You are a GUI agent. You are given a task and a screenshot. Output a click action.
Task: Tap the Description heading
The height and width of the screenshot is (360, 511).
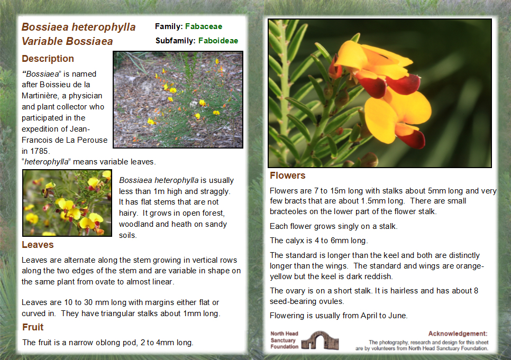point(48,59)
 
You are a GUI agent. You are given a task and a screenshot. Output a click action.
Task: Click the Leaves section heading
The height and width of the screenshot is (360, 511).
point(38,245)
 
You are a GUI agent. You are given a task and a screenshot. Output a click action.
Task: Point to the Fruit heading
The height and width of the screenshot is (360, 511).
point(33,327)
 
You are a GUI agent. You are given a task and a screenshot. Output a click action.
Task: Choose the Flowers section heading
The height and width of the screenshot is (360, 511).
point(287,176)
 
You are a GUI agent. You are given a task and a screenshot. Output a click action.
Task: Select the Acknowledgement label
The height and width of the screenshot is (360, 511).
point(458,334)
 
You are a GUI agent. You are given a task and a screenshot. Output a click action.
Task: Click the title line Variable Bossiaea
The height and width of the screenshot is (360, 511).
point(67,41)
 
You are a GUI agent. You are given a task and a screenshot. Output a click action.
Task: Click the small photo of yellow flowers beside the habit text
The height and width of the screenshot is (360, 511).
point(67,202)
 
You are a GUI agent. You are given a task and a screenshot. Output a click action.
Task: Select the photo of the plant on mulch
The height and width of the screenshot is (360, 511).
point(178,99)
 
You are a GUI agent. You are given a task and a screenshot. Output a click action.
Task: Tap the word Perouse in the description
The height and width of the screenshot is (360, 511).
point(93,140)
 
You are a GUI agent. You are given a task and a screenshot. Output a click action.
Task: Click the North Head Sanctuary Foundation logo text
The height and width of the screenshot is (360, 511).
point(284,340)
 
